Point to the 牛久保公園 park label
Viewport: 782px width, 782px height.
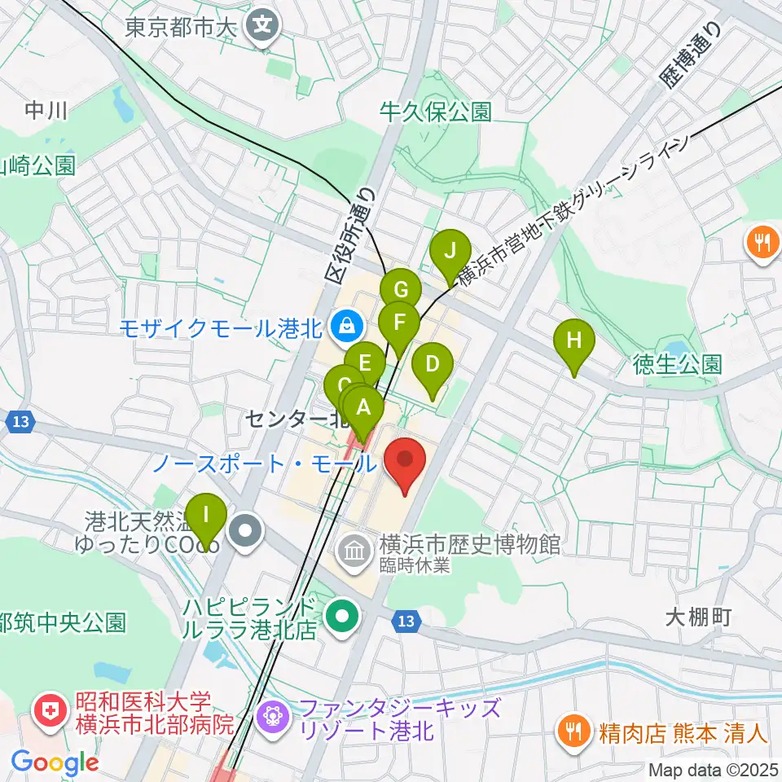point(436,112)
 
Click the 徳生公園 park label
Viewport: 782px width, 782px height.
point(678,363)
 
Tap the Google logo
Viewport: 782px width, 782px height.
point(55,763)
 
